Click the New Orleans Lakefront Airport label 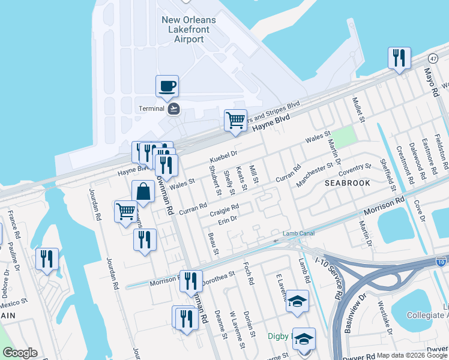click(x=188, y=29)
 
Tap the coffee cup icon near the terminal click(x=167, y=86)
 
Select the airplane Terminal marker click(x=174, y=109)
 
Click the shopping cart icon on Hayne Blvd click(x=235, y=119)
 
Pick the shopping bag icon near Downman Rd click(x=143, y=193)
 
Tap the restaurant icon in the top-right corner click(x=399, y=58)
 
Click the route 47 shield click(x=433, y=58)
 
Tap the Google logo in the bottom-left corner click(x=20, y=353)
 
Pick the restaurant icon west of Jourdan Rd click(x=47, y=259)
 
